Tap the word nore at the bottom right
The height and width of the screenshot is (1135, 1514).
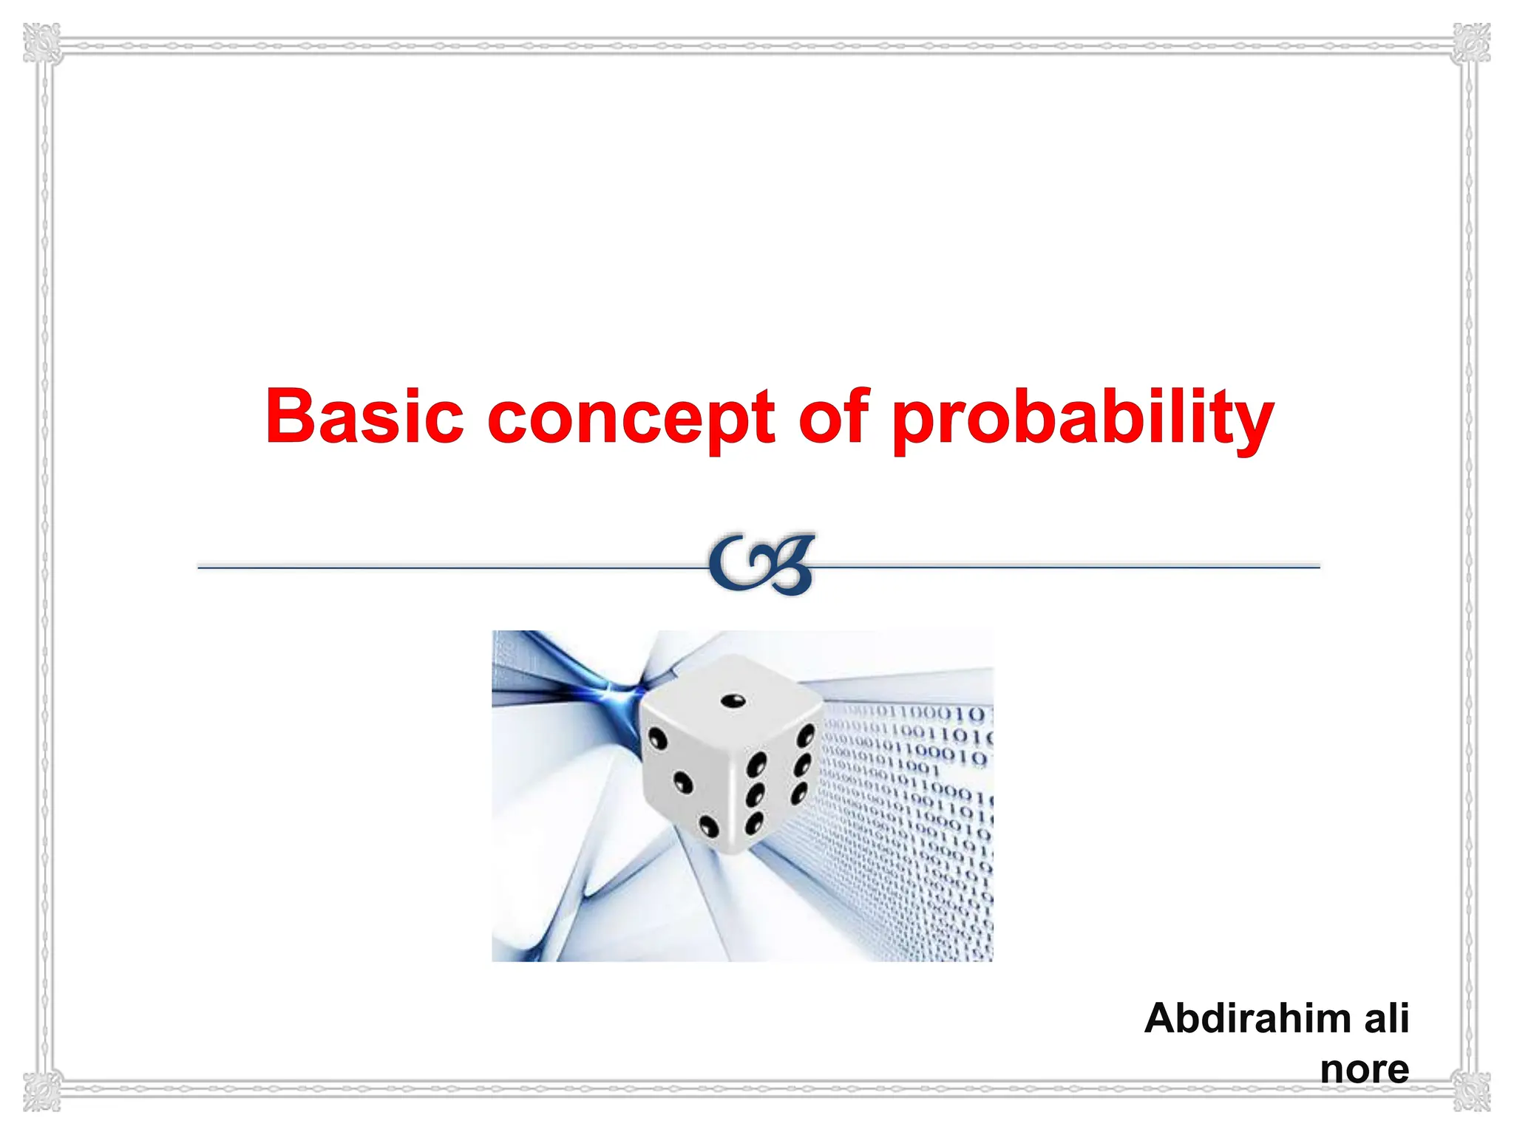[x=1365, y=1068]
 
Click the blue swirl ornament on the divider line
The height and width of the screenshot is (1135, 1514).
[x=761, y=565]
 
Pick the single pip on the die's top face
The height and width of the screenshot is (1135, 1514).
[x=733, y=701]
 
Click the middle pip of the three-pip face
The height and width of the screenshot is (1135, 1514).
[x=684, y=783]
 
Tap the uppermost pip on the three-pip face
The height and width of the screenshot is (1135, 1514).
[x=656, y=738]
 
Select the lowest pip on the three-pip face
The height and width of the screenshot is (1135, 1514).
[x=708, y=826]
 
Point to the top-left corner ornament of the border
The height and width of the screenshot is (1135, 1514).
[x=41, y=43]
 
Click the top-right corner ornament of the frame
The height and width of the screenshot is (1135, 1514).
[x=1472, y=43]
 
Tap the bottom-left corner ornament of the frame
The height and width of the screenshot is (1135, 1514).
[x=41, y=1091]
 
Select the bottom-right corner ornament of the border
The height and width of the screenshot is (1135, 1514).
[x=1472, y=1091]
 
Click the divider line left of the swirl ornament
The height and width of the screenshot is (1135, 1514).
[x=444, y=567]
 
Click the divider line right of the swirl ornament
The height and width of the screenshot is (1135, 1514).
[x=1072, y=567]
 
